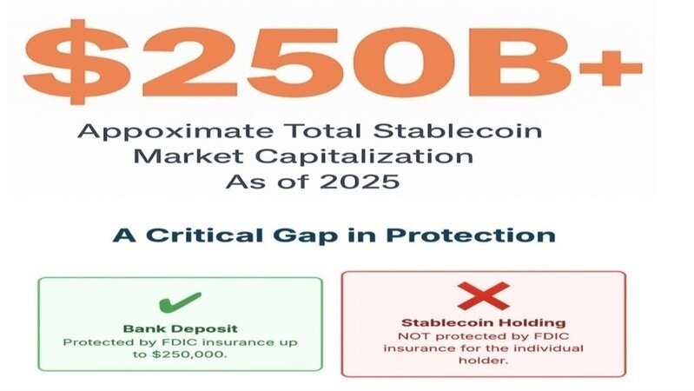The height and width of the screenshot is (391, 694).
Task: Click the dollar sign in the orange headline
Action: pos(76,62)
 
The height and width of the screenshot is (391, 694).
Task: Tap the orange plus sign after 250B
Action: pos(611,68)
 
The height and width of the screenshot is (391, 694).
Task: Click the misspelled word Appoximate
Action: pos(175,132)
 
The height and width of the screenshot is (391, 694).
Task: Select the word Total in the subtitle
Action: pos(322,130)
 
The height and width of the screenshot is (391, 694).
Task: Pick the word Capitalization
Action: pos(364,157)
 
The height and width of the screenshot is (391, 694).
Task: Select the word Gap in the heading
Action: pos(306,236)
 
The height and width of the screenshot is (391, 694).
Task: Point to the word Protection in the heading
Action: pos(471,235)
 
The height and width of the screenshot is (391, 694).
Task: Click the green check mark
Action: pos(180,302)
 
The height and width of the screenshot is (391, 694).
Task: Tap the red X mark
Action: pos(483,295)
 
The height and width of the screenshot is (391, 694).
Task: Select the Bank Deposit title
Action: pos(180,328)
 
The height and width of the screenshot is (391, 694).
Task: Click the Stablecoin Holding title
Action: pos(483,323)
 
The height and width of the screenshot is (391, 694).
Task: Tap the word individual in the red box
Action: pos(550,348)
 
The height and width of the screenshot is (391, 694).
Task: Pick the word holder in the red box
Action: pos(483,361)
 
